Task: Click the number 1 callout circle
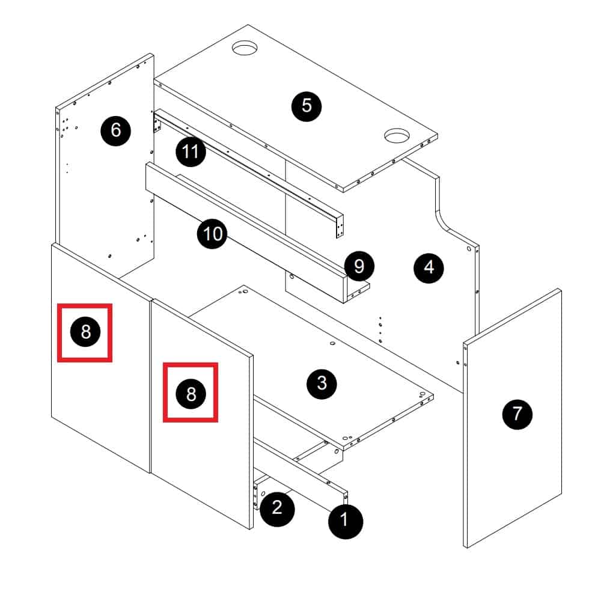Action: click(x=345, y=520)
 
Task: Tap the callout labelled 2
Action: click(x=277, y=508)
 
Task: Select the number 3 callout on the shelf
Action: click(x=322, y=383)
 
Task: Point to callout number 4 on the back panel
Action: click(x=429, y=267)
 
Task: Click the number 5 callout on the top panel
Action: click(x=307, y=106)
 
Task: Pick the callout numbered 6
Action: click(x=116, y=130)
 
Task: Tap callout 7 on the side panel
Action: click(x=517, y=413)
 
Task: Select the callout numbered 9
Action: click(x=359, y=266)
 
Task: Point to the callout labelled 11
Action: click(x=191, y=152)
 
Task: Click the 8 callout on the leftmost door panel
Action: click(x=85, y=332)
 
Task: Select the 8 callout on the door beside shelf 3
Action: click(x=191, y=393)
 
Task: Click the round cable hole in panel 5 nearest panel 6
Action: click(x=245, y=47)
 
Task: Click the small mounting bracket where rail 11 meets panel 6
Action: click(x=157, y=125)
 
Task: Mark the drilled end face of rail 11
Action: click(x=340, y=228)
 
